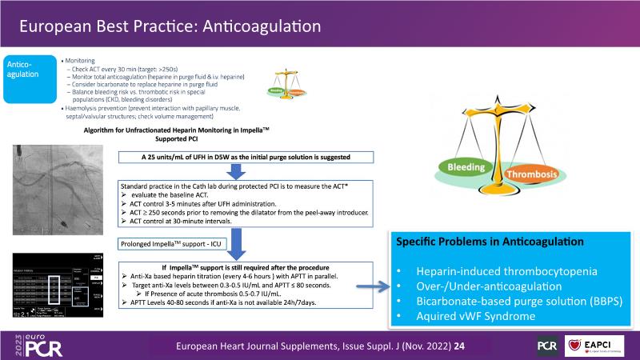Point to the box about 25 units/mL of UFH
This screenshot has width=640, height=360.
tap(245, 155)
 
